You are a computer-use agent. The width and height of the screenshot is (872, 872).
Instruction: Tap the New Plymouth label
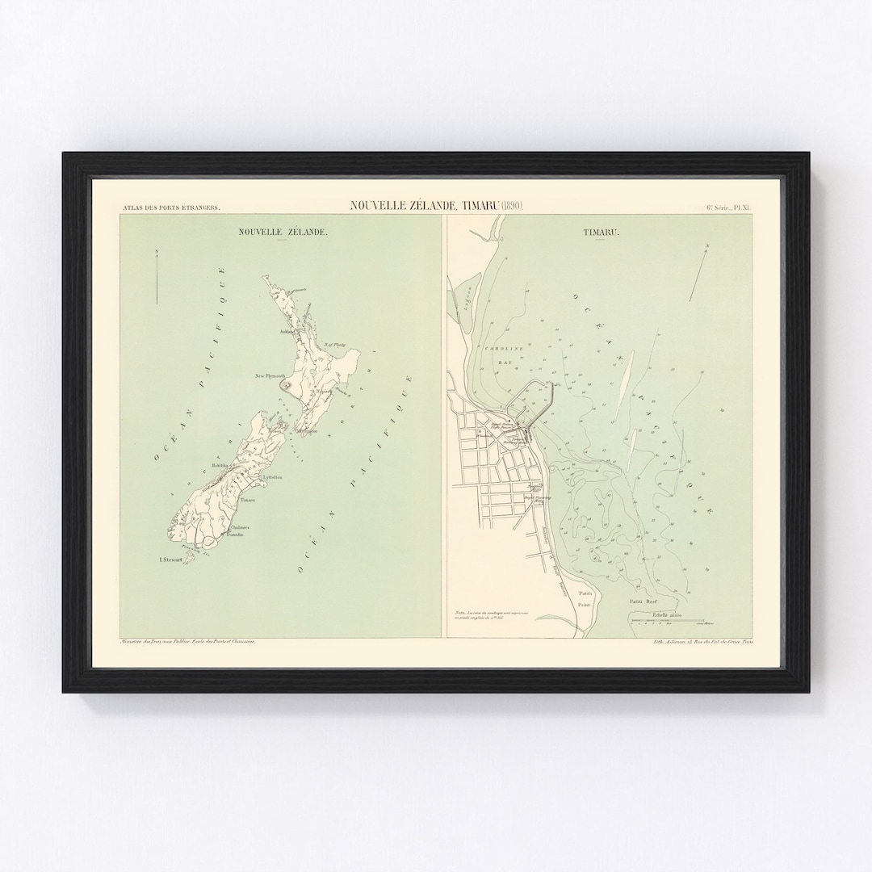pos(271,376)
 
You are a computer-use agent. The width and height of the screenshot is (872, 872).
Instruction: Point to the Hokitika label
pos(221,465)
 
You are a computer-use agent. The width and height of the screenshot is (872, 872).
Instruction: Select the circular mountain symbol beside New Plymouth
pos(285,387)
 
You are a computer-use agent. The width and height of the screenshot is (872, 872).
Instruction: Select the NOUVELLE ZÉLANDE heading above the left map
pos(282,232)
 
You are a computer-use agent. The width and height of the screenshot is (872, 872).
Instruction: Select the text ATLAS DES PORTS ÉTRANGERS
pos(170,208)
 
